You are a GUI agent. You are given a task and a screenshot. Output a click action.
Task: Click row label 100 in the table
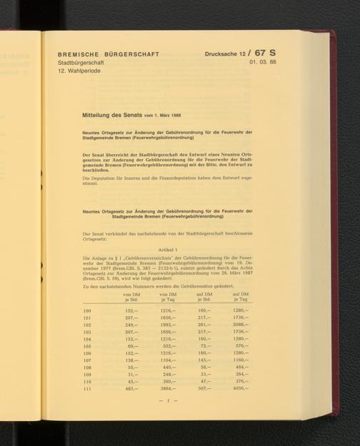(88, 311)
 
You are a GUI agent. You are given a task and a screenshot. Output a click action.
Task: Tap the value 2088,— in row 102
(241, 325)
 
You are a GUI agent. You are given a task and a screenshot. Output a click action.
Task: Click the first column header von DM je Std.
(131, 297)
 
